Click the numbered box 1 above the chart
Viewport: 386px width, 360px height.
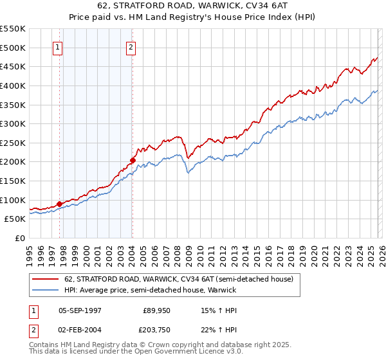58,47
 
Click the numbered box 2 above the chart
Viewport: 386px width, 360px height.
131,47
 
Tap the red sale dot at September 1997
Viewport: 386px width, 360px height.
59,204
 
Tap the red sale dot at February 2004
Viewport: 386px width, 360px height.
132,160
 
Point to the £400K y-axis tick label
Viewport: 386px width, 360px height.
13,85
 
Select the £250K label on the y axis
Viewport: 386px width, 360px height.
13,143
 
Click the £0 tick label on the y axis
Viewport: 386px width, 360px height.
21,238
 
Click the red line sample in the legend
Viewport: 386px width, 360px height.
46,279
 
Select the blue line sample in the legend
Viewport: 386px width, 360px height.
46,291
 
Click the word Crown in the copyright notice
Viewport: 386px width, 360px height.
169,346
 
